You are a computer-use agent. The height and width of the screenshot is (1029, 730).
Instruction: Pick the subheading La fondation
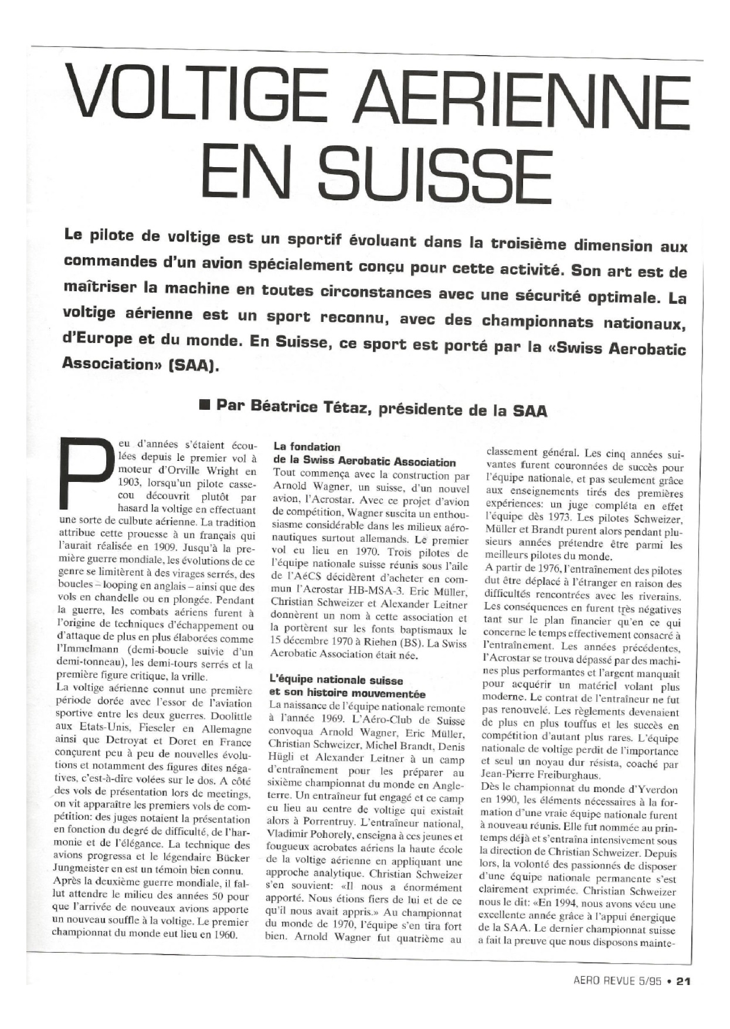[x=307, y=447]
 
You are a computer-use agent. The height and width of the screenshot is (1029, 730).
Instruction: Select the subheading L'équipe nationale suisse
[x=336, y=681]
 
